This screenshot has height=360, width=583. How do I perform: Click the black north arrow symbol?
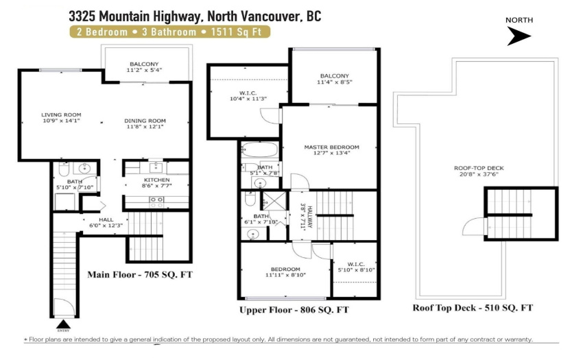coord(519,36)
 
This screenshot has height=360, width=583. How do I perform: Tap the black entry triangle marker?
coord(63,324)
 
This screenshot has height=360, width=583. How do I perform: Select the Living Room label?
coord(61,115)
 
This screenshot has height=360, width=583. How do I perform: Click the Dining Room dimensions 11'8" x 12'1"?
coord(145,126)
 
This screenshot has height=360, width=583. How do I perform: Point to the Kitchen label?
coord(156,180)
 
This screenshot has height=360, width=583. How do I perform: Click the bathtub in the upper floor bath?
coord(259,150)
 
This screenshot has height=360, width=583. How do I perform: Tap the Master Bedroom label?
coord(332,147)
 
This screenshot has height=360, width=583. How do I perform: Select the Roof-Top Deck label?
coord(479,168)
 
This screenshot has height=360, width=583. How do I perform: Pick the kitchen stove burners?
coord(156,202)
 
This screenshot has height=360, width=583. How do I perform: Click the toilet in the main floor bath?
coord(64,169)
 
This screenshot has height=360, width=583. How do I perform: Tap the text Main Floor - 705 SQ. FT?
coord(140,275)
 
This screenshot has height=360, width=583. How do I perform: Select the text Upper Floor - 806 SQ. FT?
coord(294,310)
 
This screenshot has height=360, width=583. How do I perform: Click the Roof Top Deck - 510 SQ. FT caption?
coord(473,308)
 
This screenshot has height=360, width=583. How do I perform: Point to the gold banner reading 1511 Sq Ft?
coord(236,32)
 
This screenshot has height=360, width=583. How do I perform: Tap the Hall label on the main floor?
coord(106,220)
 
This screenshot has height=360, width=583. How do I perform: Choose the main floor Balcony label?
coord(144,64)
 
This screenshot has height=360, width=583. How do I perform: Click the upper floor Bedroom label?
coord(285,269)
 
